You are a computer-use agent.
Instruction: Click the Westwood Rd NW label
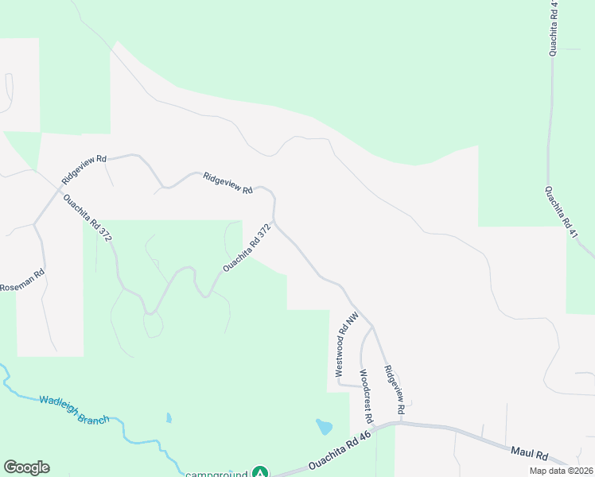coord(340,347)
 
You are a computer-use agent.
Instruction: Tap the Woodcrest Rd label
coord(366,395)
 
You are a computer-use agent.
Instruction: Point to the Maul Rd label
coord(530,456)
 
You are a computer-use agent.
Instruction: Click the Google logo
coord(26,467)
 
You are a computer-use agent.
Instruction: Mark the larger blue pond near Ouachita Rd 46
coord(324,426)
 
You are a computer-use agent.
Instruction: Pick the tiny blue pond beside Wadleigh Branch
coord(169,417)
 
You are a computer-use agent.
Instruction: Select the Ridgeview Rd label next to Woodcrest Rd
coord(395,389)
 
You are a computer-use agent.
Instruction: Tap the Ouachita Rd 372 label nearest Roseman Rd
coord(88,218)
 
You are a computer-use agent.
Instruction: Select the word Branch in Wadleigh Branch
coord(94,415)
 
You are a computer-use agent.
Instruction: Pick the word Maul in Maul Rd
coord(523,454)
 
